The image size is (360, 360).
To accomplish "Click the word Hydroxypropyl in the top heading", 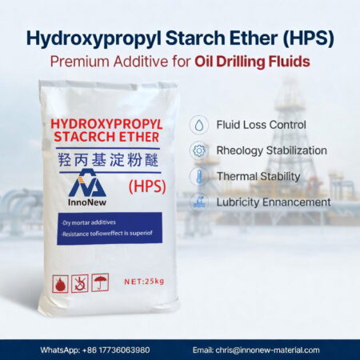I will coord(90,38).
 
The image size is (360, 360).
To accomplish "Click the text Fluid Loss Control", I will coord(261,126).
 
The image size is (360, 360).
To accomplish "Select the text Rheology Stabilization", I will coord(271,150).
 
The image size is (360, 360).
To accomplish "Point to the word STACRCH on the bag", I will coord(79,141).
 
